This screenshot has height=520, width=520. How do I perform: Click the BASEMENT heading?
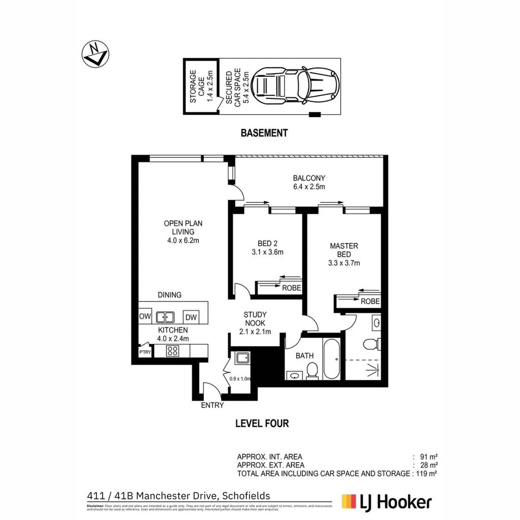pos(264,133)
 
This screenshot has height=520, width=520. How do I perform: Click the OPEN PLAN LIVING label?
pos(183,232)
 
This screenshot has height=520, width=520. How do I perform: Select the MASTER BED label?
pos(344,254)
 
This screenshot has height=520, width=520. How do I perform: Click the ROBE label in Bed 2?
pos(291,288)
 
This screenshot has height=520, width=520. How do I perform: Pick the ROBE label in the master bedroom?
pos(370,302)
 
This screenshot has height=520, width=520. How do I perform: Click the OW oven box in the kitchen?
pos(145,317)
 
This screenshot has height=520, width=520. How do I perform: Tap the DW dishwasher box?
pos(191,317)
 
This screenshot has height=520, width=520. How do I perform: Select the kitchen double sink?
pos(165,317)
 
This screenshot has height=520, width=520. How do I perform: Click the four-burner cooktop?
pos(172,351)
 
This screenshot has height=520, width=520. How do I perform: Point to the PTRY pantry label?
pos(144,352)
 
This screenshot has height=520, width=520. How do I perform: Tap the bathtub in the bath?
pos(332,359)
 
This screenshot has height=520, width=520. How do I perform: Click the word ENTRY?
pos(212,405)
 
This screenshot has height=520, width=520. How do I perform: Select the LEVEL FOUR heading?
pos(262,424)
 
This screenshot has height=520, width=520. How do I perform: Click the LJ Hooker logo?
pos(387,502)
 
